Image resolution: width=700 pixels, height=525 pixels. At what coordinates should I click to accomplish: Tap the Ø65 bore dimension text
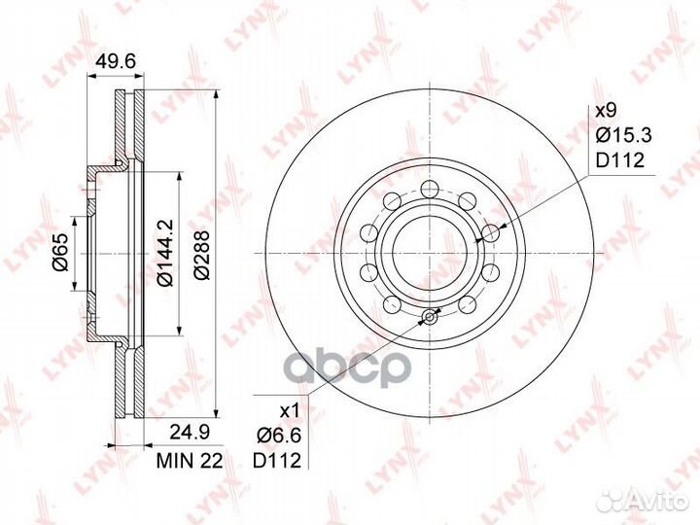click(x=60, y=253)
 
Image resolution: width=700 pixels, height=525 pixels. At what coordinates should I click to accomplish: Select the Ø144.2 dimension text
click(x=166, y=253)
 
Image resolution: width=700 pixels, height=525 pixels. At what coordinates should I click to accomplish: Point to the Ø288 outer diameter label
click(x=202, y=255)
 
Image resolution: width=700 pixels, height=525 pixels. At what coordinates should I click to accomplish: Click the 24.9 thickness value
click(x=190, y=433)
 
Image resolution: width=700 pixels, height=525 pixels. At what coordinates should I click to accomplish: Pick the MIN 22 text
click(x=190, y=461)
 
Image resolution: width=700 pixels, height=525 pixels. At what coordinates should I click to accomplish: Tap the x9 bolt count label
click(x=607, y=111)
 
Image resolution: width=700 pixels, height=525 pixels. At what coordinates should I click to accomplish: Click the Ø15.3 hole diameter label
click(x=624, y=135)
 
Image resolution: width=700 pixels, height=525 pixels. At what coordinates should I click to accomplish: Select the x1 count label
click(x=289, y=411)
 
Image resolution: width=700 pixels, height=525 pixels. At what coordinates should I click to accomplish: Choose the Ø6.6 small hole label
click(x=278, y=436)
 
